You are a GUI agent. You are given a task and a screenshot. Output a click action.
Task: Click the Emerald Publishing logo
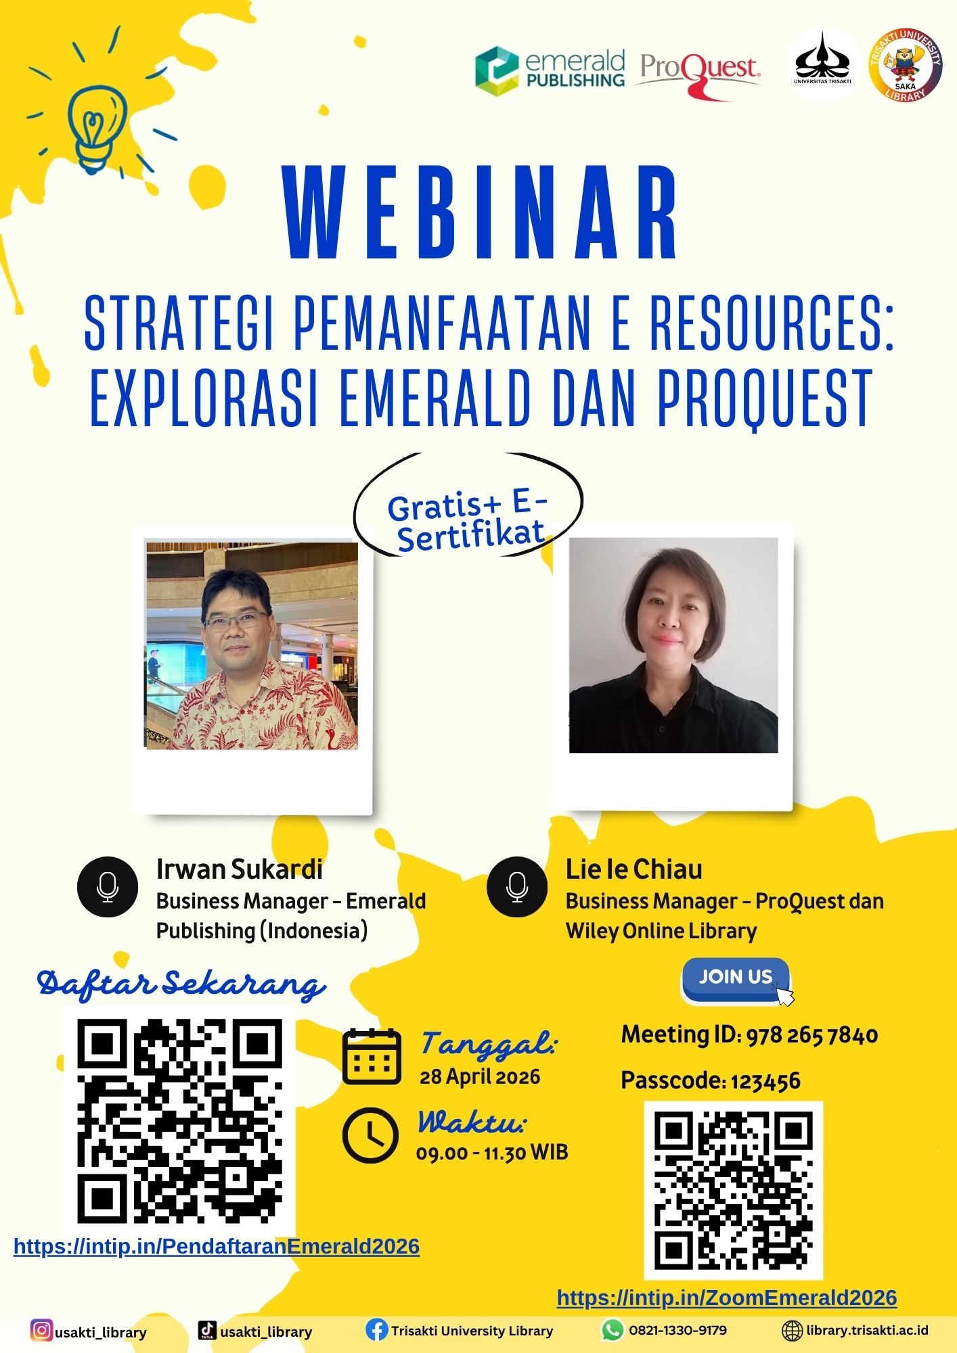550,70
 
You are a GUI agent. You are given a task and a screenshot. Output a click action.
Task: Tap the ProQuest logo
698,74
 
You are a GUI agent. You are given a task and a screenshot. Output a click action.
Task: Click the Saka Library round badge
906,66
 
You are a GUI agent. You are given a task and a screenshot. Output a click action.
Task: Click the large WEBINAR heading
482,212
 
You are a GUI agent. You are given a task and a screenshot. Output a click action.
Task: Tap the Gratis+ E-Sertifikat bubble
468,505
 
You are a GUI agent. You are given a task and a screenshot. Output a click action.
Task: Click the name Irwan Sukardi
240,869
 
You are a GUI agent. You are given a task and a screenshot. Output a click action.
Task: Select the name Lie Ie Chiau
634,869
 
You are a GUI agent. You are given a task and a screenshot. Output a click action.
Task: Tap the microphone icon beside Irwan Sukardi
108,886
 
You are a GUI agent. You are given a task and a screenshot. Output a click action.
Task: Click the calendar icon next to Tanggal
372,1056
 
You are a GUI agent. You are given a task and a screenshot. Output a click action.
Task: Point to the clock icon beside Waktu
370,1135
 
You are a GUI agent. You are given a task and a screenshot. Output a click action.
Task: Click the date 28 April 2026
480,1077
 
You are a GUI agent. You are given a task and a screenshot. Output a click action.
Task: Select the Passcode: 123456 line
711,1080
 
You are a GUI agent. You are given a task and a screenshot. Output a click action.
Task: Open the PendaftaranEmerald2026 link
217,1247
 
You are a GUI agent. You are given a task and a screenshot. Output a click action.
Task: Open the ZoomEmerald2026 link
727,1298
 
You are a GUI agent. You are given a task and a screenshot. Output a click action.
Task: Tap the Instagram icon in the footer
41,1330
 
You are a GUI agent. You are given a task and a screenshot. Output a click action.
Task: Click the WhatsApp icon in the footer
613,1330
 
